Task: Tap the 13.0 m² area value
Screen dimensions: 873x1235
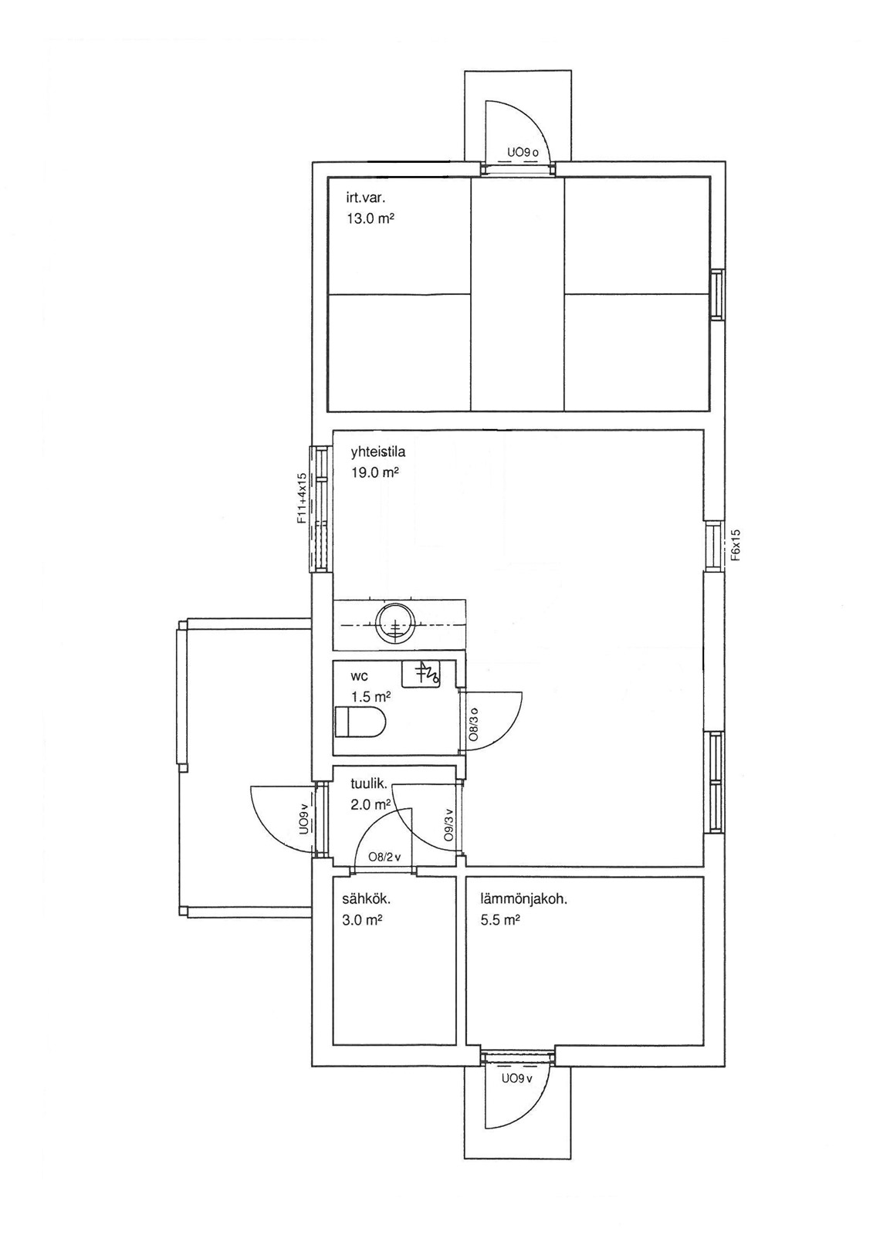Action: pos(370,219)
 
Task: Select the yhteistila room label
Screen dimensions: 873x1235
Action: pos(378,452)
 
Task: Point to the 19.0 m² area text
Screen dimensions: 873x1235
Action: pos(375,472)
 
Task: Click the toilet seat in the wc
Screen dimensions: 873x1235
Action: pos(360,722)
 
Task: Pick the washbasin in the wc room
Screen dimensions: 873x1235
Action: pos(420,674)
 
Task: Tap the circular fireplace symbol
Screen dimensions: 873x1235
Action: pos(394,625)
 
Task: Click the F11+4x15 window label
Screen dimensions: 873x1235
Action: pos(302,501)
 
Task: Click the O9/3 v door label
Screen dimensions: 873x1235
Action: pos(449,825)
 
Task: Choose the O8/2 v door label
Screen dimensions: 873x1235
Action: pos(384,858)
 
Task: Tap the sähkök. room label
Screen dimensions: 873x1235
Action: pos(366,900)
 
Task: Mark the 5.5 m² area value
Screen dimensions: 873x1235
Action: pos(501,920)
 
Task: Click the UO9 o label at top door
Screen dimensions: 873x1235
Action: pos(523,152)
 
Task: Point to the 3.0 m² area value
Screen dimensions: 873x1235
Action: pos(362,920)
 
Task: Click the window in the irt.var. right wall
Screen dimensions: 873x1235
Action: pos(717,294)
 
